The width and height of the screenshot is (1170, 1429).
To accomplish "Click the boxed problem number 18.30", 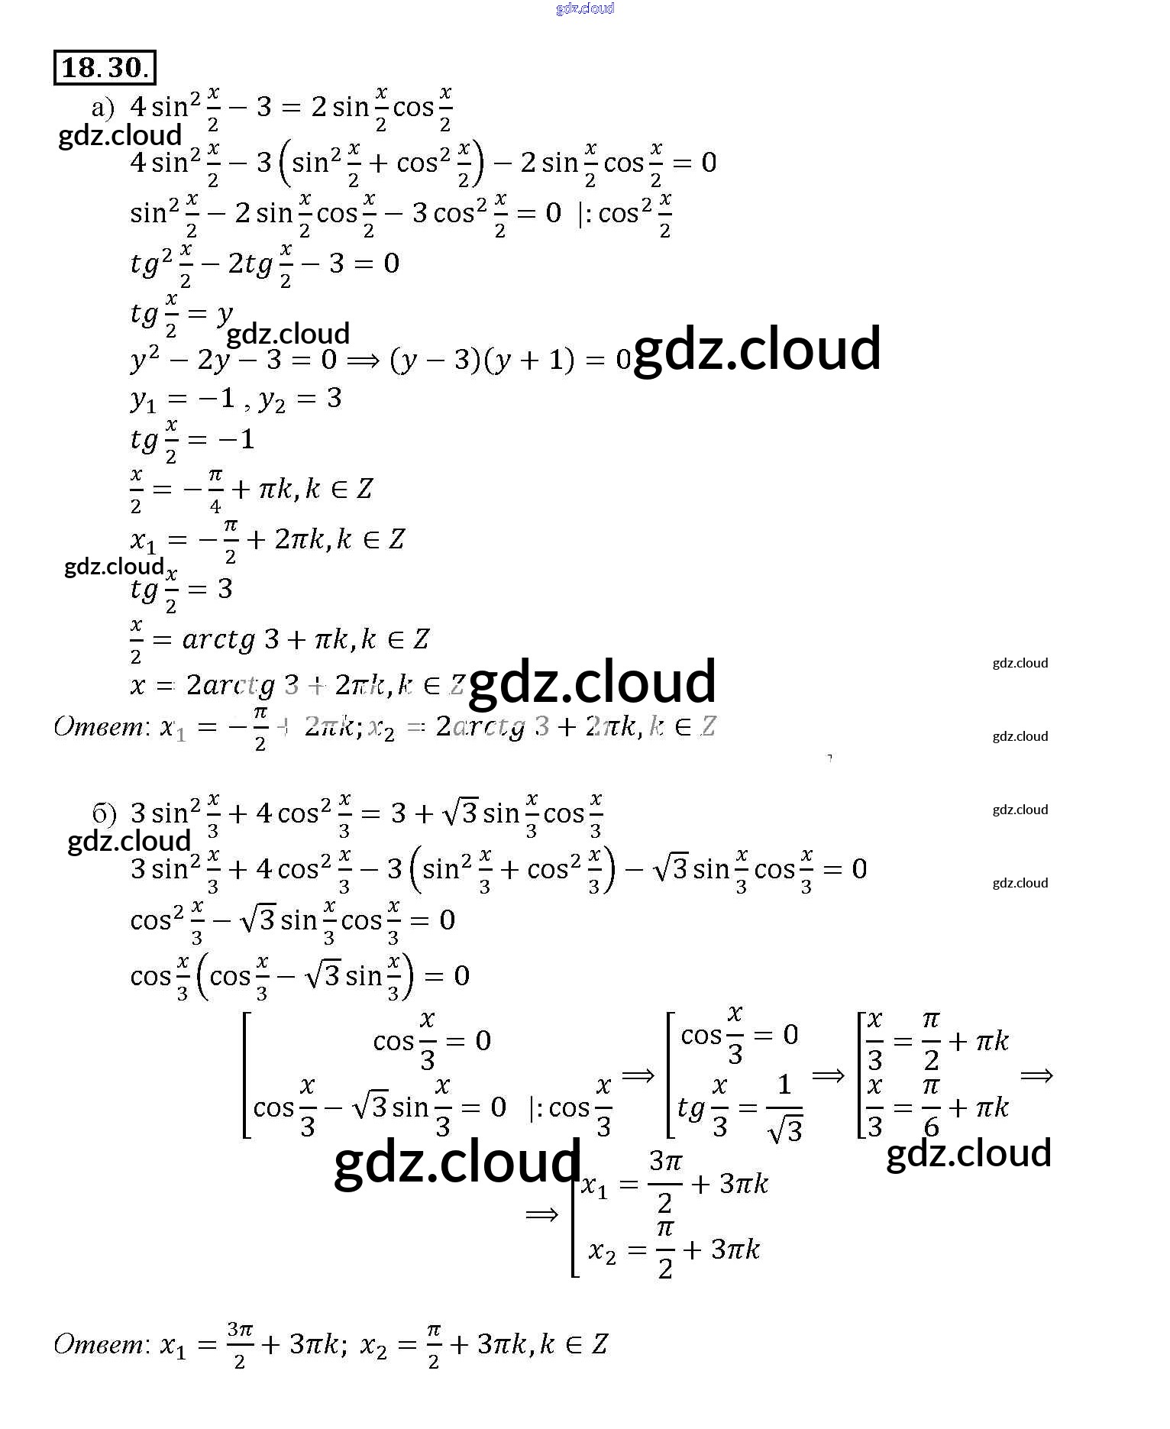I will click(x=105, y=67).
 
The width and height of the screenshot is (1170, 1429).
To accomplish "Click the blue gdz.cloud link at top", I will click(x=584, y=8).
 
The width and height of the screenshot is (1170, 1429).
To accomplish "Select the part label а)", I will click(x=102, y=108).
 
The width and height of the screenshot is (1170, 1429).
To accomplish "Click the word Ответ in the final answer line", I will click(x=99, y=1343).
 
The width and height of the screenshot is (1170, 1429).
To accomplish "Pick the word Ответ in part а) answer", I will click(x=99, y=726).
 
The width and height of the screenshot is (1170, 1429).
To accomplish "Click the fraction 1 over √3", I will click(x=784, y=1107).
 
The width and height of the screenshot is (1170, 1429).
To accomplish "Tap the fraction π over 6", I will click(x=930, y=1107).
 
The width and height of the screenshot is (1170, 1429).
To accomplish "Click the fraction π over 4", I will click(x=215, y=490).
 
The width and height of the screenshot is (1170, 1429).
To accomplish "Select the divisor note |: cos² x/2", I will click(x=625, y=214).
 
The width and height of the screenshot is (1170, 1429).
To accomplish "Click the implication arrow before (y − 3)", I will click(x=363, y=360).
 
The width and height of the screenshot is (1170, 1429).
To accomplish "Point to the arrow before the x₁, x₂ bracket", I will click(x=541, y=1214).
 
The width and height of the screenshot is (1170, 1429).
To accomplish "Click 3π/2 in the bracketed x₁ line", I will click(x=664, y=1183).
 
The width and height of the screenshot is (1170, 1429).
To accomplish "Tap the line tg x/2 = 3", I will click(x=181, y=590).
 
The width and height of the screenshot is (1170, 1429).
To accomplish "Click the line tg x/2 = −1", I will click(x=192, y=440).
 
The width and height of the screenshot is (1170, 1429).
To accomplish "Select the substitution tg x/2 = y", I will click(x=181, y=314).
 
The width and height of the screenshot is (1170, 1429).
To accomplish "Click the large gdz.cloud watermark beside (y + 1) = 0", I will click(x=757, y=349).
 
